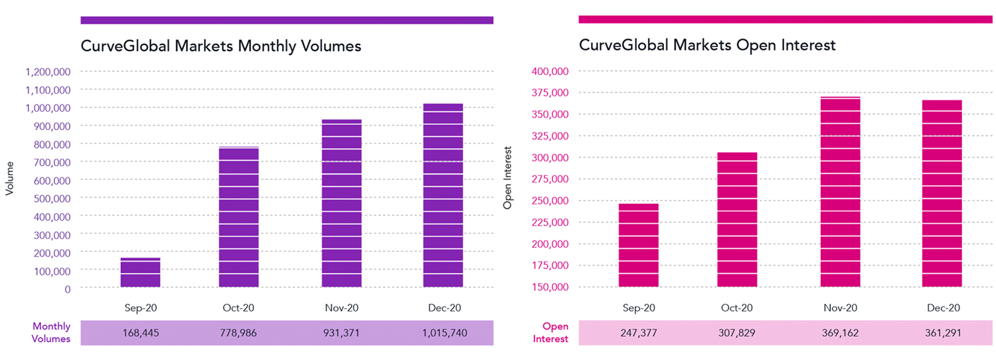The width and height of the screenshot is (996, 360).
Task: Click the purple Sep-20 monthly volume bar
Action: coord(140,272)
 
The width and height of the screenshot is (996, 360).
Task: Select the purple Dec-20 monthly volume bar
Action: coord(443,195)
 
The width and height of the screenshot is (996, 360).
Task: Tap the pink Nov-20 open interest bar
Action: coord(840,192)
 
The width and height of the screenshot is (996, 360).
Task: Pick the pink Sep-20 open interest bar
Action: coord(638,245)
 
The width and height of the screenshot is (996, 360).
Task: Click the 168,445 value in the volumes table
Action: coord(140,333)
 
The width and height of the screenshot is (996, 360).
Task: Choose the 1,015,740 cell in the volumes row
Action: coord(443,333)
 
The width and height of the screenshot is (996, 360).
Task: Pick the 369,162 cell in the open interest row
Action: coord(840,333)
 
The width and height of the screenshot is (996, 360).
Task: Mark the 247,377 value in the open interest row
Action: coord(638,333)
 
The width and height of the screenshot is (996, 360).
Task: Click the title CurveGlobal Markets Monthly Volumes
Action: coord(221,46)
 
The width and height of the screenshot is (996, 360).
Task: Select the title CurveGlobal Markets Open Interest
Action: coord(707,46)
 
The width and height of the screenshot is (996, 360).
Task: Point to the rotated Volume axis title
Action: coord(9,180)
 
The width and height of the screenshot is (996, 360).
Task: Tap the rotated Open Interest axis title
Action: coord(507,180)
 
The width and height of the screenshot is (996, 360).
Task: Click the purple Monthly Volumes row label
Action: coord(51,333)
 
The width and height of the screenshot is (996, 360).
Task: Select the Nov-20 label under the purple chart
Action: coord(342,308)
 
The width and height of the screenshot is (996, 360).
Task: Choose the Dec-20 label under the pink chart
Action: coord(942,308)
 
